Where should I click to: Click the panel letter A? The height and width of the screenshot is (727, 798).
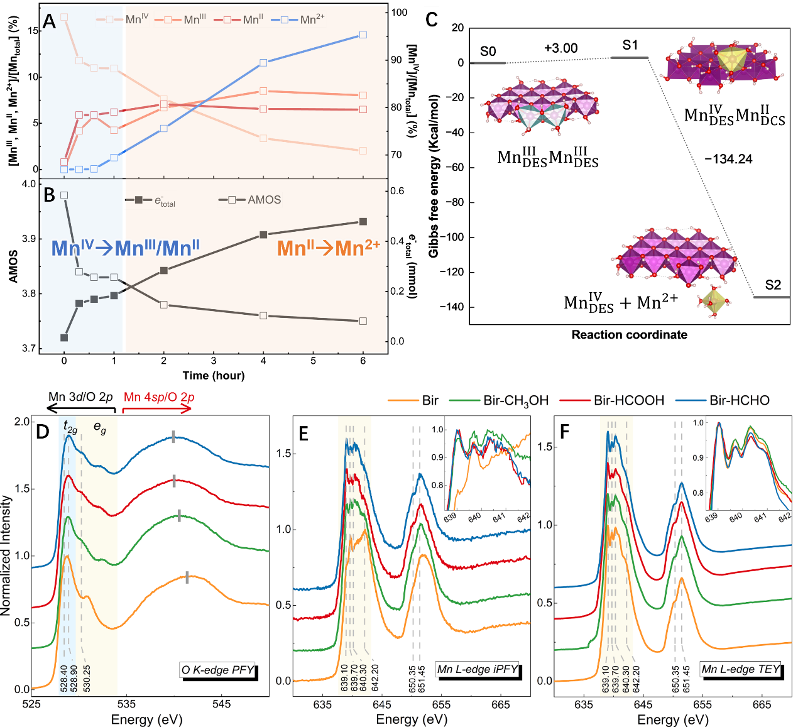49,21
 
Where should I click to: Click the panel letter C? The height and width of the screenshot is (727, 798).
432,19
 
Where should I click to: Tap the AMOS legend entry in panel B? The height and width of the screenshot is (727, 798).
250,200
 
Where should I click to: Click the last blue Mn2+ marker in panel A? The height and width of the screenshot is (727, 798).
363,35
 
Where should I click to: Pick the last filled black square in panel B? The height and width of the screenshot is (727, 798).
363,221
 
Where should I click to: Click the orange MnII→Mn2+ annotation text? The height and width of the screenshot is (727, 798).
328,248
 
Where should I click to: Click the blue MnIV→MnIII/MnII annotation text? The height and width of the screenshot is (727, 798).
125,248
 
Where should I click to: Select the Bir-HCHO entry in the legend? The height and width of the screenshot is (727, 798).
723,401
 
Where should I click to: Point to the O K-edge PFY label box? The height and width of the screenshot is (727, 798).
218,670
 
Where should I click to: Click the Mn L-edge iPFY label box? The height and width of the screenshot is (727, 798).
478,669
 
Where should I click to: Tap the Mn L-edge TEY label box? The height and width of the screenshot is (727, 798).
741,669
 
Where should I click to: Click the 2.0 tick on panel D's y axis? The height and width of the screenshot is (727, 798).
22,422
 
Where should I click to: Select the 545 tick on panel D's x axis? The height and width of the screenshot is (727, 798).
221,704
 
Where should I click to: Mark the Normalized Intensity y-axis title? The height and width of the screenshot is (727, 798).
7,555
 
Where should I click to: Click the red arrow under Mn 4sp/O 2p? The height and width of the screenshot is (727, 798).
156,409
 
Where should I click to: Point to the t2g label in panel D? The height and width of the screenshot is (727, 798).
70,427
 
